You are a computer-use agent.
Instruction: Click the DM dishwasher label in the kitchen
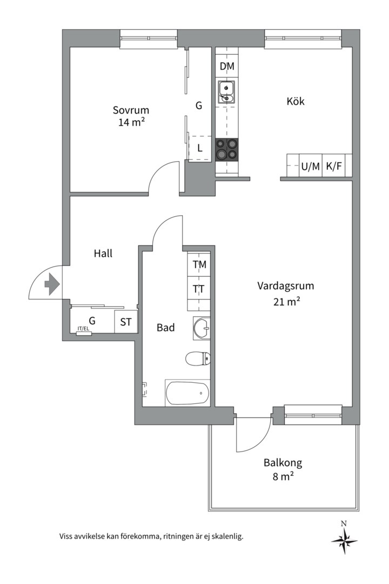(227, 67)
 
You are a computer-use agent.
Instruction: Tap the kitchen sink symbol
(226, 91)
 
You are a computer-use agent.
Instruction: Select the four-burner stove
(226, 150)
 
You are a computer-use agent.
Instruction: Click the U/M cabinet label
(310, 167)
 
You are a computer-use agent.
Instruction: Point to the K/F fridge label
(334, 167)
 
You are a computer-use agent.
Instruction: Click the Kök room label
(296, 101)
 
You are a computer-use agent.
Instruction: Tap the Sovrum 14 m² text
(131, 116)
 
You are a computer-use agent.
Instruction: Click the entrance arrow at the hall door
(51, 284)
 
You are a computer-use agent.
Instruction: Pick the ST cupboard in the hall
(126, 322)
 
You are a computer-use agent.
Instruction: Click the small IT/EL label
(84, 329)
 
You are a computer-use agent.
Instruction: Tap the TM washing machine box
(199, 264)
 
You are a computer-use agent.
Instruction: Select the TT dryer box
(199, 289)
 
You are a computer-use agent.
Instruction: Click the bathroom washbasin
(202, 328)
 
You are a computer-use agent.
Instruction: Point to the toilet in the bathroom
(198, 358)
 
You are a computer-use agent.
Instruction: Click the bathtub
(187, 393)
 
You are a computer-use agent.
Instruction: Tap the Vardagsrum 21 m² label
(286, 294)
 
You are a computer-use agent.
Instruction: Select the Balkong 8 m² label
(283, 469)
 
